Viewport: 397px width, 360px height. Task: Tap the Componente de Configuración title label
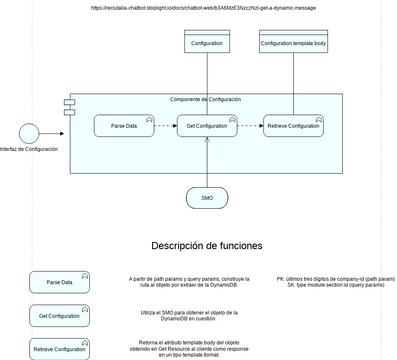tap(205, 100)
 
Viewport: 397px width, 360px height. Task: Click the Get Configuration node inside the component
tap(207, 126)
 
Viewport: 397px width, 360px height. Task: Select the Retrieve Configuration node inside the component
tap(292, 126)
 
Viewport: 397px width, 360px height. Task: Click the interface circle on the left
tap(29, 132)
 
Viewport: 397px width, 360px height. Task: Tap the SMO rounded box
tap(207, 198)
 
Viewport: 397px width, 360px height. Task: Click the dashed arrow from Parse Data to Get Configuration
tap(164, 126)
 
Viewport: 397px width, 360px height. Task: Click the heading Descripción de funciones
tap(207, 246)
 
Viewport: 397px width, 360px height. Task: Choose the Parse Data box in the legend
tap(59, 283)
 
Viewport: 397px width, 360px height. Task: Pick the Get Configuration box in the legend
tap(59, 316)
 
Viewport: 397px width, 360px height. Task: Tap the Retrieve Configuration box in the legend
tap(59, 349)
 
